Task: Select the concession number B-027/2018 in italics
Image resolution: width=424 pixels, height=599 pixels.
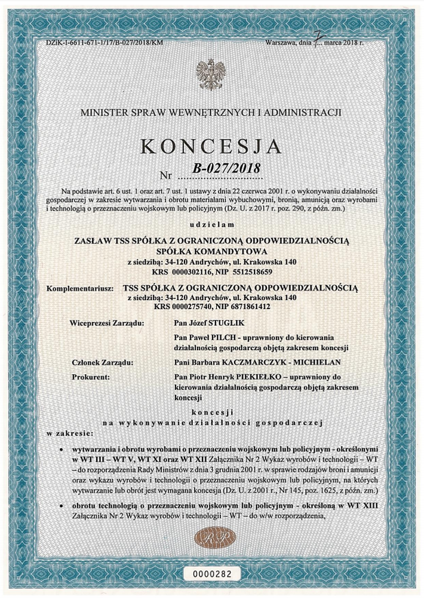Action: click(227, 169)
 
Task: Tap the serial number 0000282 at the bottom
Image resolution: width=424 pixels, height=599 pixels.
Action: click(212, 573)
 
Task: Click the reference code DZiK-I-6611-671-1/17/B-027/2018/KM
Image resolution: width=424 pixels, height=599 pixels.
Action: click(104, 44)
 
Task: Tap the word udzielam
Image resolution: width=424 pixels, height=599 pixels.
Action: click(213, 226)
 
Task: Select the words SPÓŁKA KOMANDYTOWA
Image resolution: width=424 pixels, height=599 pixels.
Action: click(212, 251)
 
